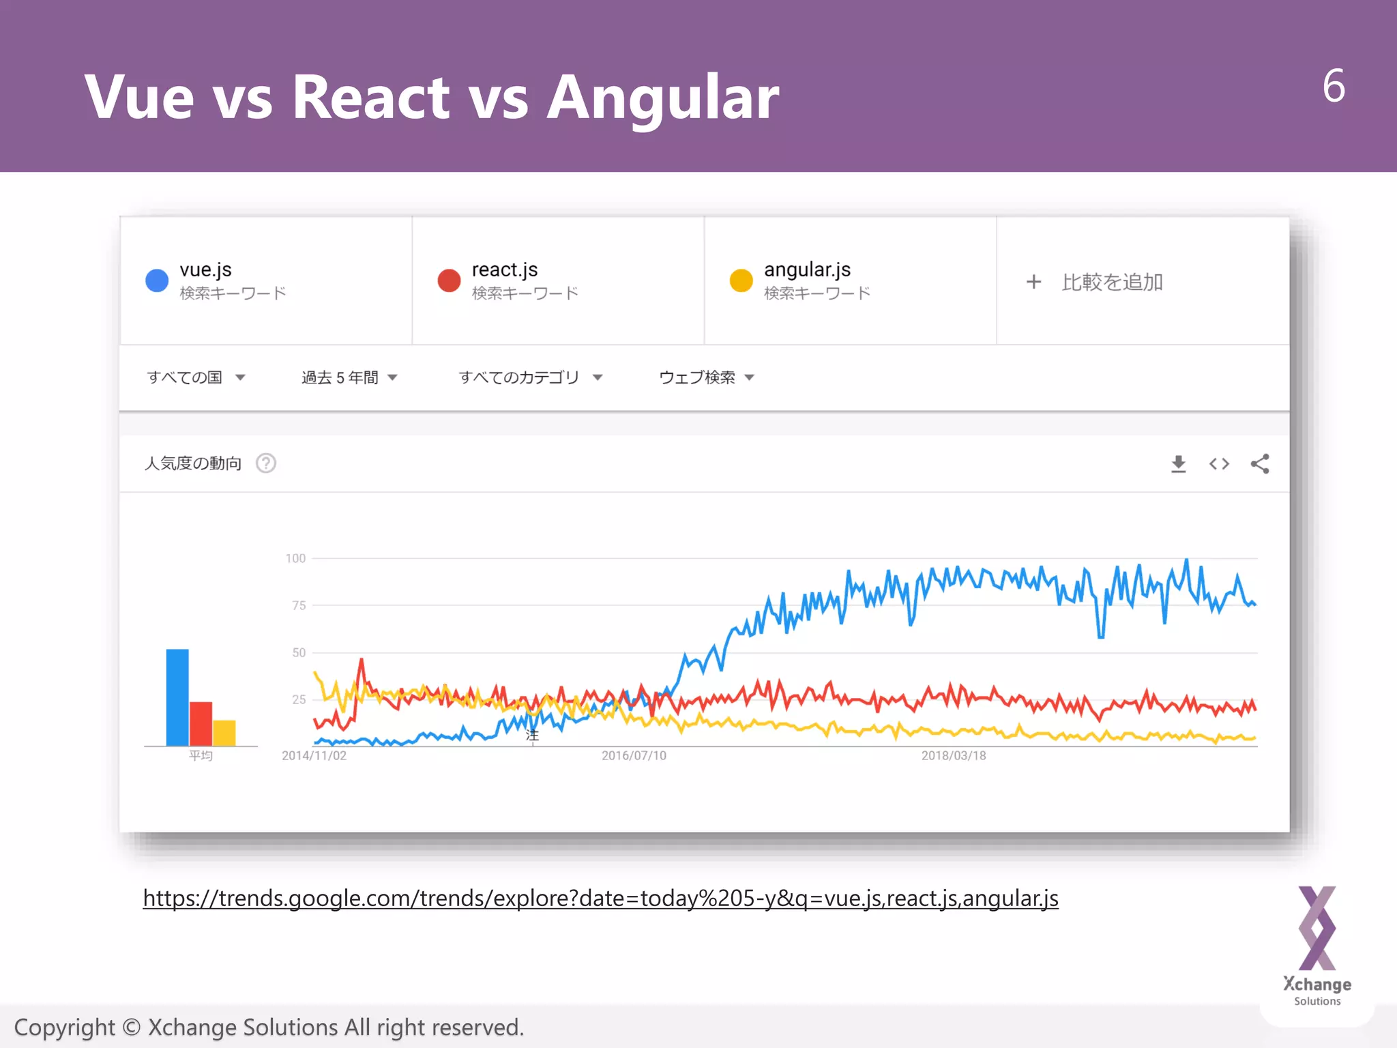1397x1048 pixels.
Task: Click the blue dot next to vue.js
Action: pyautogui.click(x=157, y=280)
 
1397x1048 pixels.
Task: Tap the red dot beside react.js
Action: pyautogui.click(x=449, y=280)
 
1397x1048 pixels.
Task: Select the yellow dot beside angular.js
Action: pyautogui.click(x=741, y=280)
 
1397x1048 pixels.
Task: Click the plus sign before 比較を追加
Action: pyautogui.click(x=1033, y=282)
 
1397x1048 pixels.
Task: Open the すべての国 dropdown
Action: pyautogui.click(x=196, y=377)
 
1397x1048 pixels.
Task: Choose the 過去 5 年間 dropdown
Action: pyautogui.click(x=349, y=377)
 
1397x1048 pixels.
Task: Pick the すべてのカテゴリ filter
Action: pyautogui.click(x=530, y=377)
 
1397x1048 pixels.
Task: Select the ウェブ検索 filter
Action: pyautogui.click(x=706, y=377)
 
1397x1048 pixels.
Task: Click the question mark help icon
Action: pyautogui.click(x=266, y=464)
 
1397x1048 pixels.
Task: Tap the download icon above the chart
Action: pyautogui.click(x=1178, y=465)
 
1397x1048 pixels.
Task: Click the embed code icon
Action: pyautogui.click(x=1219, y=465)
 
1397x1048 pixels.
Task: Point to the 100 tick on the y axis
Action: pyautogui.click(x=295, y=559)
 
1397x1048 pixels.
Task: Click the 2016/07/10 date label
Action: pyautogui.click(x=634, y=756)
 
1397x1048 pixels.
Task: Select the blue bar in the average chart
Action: pyautogui.click(x=177, y=697)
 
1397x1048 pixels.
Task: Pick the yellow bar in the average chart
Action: pyautogui.click(x=224, y=733)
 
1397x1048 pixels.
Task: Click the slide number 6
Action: pyautogui.click(x=1334, y=87)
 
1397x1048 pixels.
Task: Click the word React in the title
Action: pyautogui.click(x=371, y=98)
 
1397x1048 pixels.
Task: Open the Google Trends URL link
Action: pyautogui.click(x=600, y=899)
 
